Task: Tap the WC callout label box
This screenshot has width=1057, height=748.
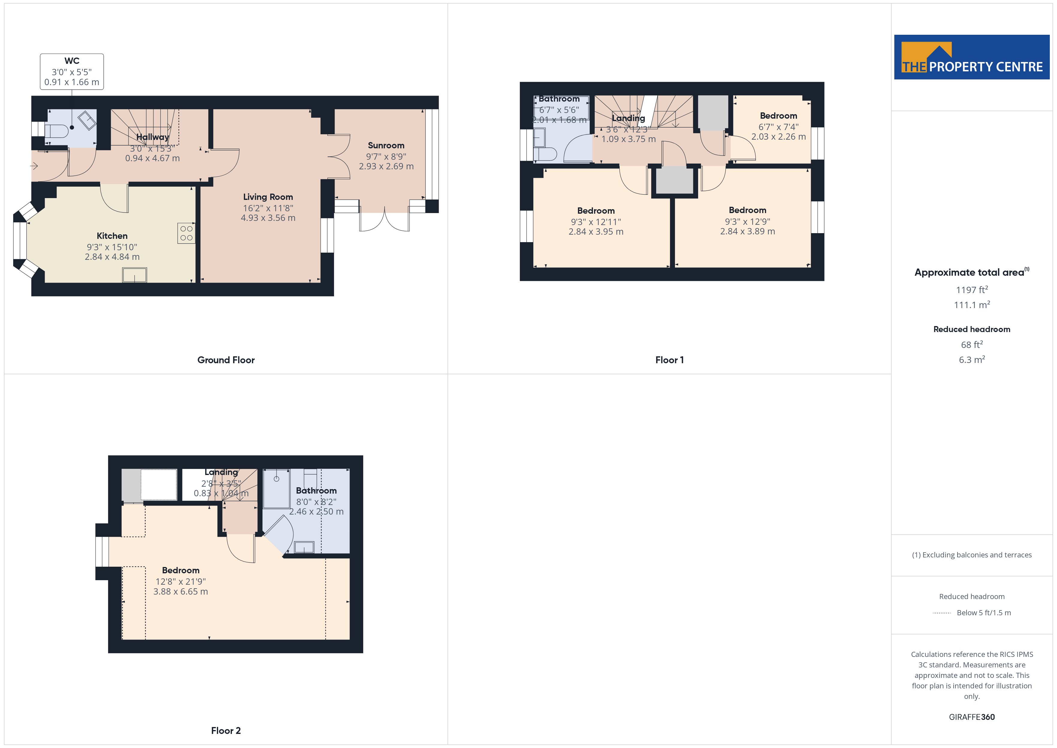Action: tap(72, 71)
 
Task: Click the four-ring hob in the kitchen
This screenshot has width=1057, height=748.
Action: tap(186, 233)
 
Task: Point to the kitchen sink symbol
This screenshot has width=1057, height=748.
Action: tap(135, 275)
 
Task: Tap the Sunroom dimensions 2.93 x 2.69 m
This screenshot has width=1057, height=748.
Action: tap(386, 166)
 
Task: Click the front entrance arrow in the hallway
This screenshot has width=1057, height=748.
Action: tap(34, 166)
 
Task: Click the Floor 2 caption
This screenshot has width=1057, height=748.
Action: tap(226, 731)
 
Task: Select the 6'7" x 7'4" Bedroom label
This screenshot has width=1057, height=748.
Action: tap(778, 116)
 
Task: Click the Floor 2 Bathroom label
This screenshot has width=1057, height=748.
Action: tap(316, 491)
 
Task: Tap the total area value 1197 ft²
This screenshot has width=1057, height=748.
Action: tap(972, 290)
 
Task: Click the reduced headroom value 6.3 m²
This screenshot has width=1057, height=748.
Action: tap(972, 359)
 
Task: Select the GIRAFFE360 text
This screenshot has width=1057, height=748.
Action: tap(972, 717)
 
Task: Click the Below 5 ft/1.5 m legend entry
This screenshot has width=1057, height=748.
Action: tap(984, 613)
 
